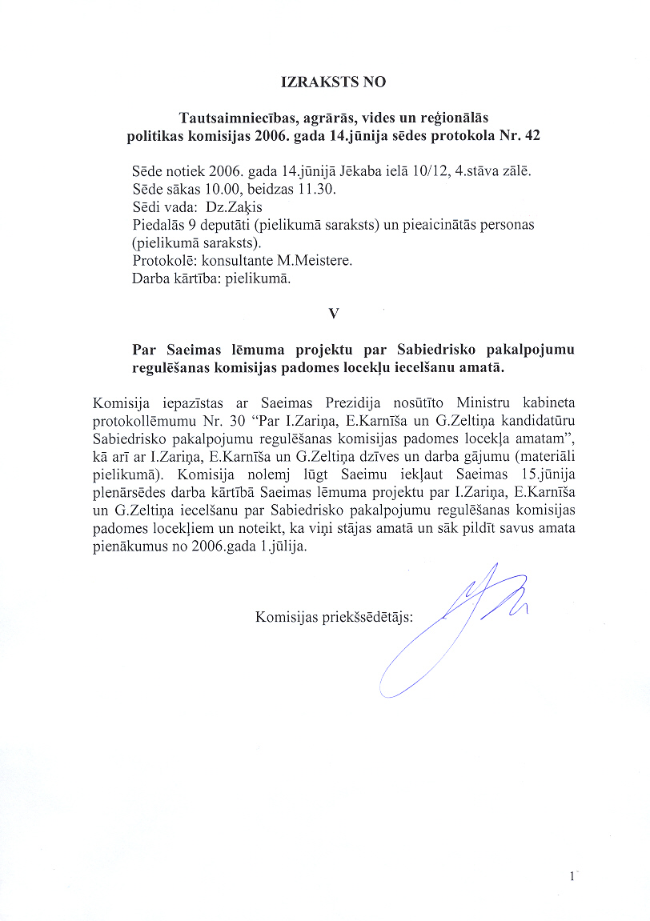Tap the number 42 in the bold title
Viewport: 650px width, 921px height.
point(531,135)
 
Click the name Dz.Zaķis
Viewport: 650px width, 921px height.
point(229,207)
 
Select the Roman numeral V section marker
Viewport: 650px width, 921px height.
point(333,314)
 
